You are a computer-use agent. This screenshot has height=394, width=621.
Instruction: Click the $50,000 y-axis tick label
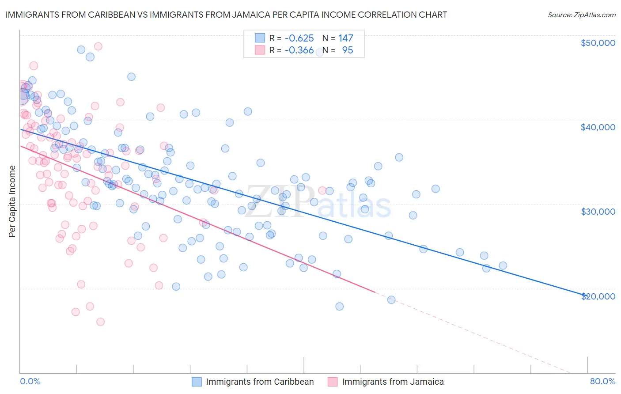click(598, 43)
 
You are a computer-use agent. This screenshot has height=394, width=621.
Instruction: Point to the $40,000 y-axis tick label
click(598, 127)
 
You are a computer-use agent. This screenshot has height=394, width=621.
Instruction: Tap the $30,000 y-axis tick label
click(598, 212)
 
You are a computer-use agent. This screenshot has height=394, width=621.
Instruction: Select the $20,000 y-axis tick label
click(598, 296)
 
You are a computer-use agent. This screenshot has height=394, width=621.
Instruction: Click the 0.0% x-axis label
click(30, 381)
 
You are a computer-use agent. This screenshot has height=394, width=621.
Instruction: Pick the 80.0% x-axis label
click(602, 381)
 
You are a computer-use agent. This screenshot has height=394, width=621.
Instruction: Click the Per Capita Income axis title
click(12, 201)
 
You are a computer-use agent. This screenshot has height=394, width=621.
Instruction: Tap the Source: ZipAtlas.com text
click(581, 15)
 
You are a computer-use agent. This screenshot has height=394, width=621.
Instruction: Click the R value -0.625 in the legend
click(299, 38)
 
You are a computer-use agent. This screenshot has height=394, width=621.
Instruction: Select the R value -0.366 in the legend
click(299, 50)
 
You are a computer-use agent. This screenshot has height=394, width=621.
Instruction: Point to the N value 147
click(346, 38)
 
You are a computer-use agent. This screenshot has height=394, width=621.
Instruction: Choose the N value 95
click(348, 50)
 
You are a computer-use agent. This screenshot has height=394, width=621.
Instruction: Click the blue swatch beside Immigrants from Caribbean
click(197, 382)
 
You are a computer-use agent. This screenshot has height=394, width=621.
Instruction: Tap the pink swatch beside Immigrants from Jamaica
click(333, 382)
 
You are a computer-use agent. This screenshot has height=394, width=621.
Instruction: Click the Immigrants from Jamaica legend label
click(393, 382)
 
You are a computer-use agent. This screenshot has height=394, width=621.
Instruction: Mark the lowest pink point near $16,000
click(100, 322)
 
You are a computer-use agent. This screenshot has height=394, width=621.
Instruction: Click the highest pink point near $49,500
click(98, 46)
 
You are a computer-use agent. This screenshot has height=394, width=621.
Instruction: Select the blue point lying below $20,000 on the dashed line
click(391, 300)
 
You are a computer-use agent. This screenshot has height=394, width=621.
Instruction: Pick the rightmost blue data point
click(503, 265)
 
